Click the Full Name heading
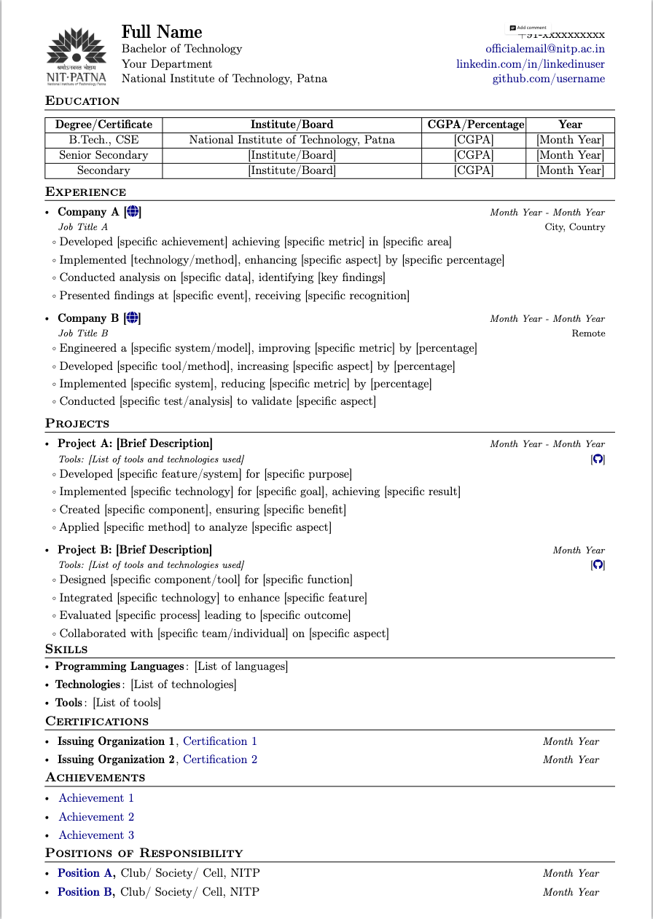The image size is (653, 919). coord(162,32)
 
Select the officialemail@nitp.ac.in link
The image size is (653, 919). coord(545,49)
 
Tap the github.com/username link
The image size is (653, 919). coord(548,79)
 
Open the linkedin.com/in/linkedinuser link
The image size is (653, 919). coord(531,64)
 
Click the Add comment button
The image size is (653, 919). coord(528,28)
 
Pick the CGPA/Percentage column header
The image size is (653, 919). coord(475,125)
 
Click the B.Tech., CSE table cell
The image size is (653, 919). coord(103,140)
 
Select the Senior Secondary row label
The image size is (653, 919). coord(103,155)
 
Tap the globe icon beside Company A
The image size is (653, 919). coord(133,212)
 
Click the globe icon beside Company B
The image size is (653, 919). coord(133,318)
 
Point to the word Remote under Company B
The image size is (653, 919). coord(588,334)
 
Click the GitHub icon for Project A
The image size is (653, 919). coord(598,459)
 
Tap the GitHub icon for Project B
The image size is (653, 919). coord(598,565)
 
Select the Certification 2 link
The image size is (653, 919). coord(220,760)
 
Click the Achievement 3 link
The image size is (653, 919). coord(96,835)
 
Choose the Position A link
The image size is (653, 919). coord(86,873)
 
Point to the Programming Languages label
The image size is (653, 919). coord(120,666)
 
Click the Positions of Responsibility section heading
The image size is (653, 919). coord(144,853)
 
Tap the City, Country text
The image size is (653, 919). coord(574,227)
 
